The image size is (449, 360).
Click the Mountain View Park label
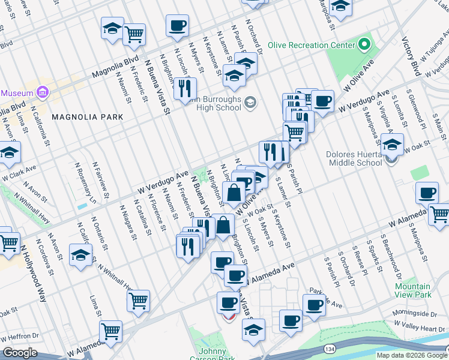click(413, 290)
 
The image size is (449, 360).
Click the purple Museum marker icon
click(42, 93)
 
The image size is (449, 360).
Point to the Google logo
click(20, 353)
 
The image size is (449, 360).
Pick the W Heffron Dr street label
click(20, 337)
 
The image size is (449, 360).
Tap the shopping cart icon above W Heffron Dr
click(110, 330)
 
